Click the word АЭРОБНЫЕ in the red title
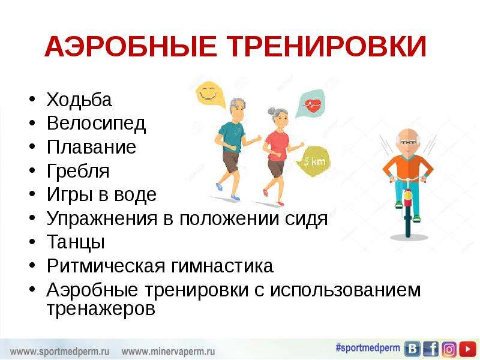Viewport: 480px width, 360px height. (131, 47)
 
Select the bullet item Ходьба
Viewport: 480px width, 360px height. (79, 100)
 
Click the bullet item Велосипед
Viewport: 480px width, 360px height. (96, 124)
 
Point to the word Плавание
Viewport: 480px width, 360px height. (91, 147)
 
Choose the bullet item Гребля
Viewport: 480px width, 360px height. (78, 171)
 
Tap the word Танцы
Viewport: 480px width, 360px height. (76, 242)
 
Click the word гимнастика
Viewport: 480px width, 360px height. (222, 266)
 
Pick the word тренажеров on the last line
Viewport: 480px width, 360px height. (101, 308)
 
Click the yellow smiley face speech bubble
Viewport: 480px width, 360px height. (209, 94)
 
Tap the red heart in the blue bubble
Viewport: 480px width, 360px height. (312, 106)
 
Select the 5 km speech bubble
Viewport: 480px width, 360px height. (314, 161)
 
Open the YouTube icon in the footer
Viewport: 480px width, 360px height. (467, 349)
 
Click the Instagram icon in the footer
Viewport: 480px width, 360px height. (449, 349)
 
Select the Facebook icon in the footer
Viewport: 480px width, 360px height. (431, 349)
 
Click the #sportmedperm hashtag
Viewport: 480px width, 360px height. (368, 348)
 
